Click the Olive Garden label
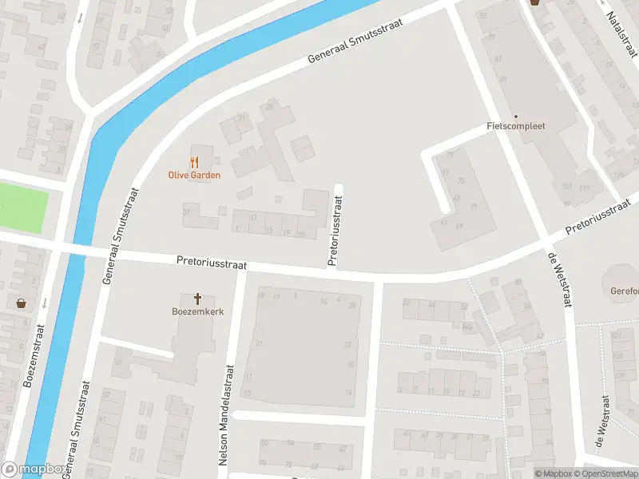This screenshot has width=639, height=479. tap(194, 175)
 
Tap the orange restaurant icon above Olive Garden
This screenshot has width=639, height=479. tap(194, 161)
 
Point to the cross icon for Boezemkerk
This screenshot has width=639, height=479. tap(197, 298)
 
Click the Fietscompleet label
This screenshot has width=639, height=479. tap(515, 126)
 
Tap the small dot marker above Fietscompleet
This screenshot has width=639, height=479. tap(515, 116)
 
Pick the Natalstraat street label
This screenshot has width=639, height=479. tap(621, 35)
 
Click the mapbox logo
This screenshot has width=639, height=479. tap(34, 469)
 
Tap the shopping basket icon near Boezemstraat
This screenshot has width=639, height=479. tap(21, 303)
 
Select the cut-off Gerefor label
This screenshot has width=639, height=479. tap(624, 291)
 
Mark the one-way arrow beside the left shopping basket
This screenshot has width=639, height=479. tap(44, 303)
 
